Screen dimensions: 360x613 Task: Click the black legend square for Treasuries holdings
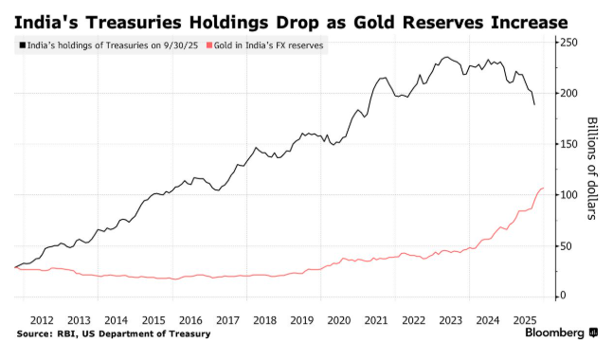tap(21, 45)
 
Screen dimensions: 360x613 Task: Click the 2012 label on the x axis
tap(42, 320)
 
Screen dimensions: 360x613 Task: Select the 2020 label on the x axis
tap(338, 320)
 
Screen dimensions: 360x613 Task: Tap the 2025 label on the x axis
tap(524, 320)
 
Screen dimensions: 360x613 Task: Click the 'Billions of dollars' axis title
tap(593, 169)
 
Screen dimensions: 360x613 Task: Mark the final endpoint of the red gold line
tap(543, 189)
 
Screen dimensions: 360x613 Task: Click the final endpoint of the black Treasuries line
tap(534, 104)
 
